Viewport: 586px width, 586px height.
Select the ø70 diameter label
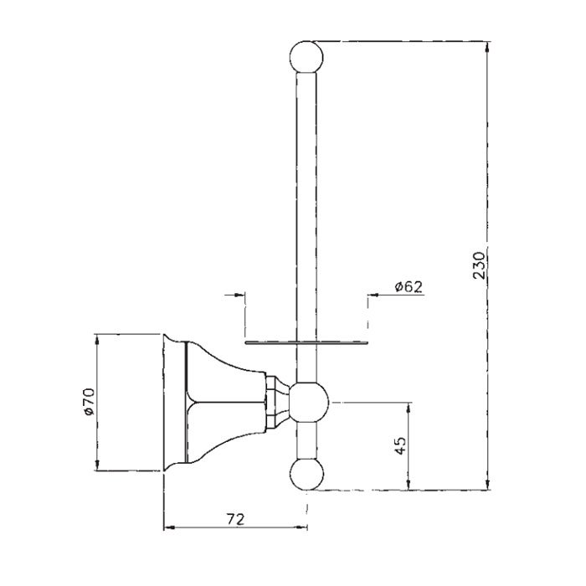(x=91, y=404)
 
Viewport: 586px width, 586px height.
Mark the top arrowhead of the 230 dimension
(x=489, y=44)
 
